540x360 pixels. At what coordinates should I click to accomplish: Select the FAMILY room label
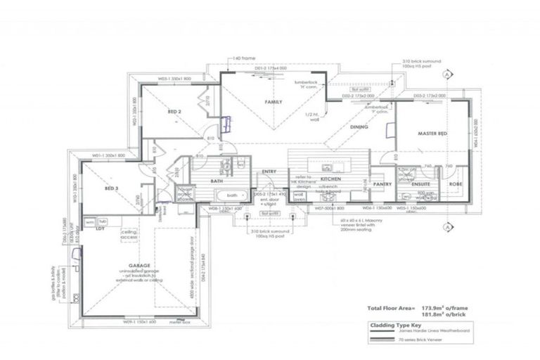[273, 103]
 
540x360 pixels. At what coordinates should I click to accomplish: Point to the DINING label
[359, 127]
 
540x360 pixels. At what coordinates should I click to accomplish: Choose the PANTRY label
[382, 184]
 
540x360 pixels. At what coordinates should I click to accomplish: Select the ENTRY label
[269, 171]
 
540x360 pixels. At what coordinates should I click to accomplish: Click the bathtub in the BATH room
[233, 195]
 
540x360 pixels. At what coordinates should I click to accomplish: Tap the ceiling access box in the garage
[129, 233]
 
